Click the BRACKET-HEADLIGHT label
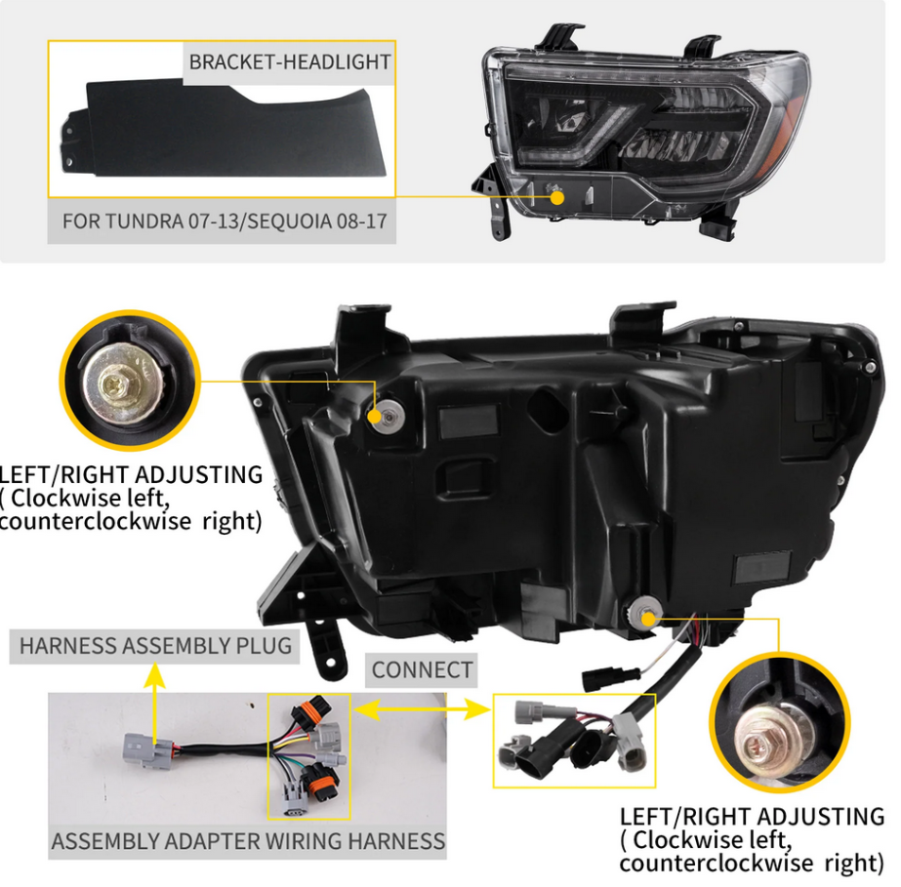point(290,62)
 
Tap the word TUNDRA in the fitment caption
point(143,222)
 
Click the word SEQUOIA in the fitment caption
point(290,222)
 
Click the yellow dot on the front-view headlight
point(556,198)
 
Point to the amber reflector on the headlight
point(793,128)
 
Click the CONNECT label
point(422,669)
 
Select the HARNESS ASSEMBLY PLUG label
point(155,646)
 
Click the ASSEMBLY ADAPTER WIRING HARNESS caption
point(248,841)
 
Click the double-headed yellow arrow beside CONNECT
point(423,710)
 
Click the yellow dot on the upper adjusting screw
point(374,416)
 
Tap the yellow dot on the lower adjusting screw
point(648,619)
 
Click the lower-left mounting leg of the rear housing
point(325,647)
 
